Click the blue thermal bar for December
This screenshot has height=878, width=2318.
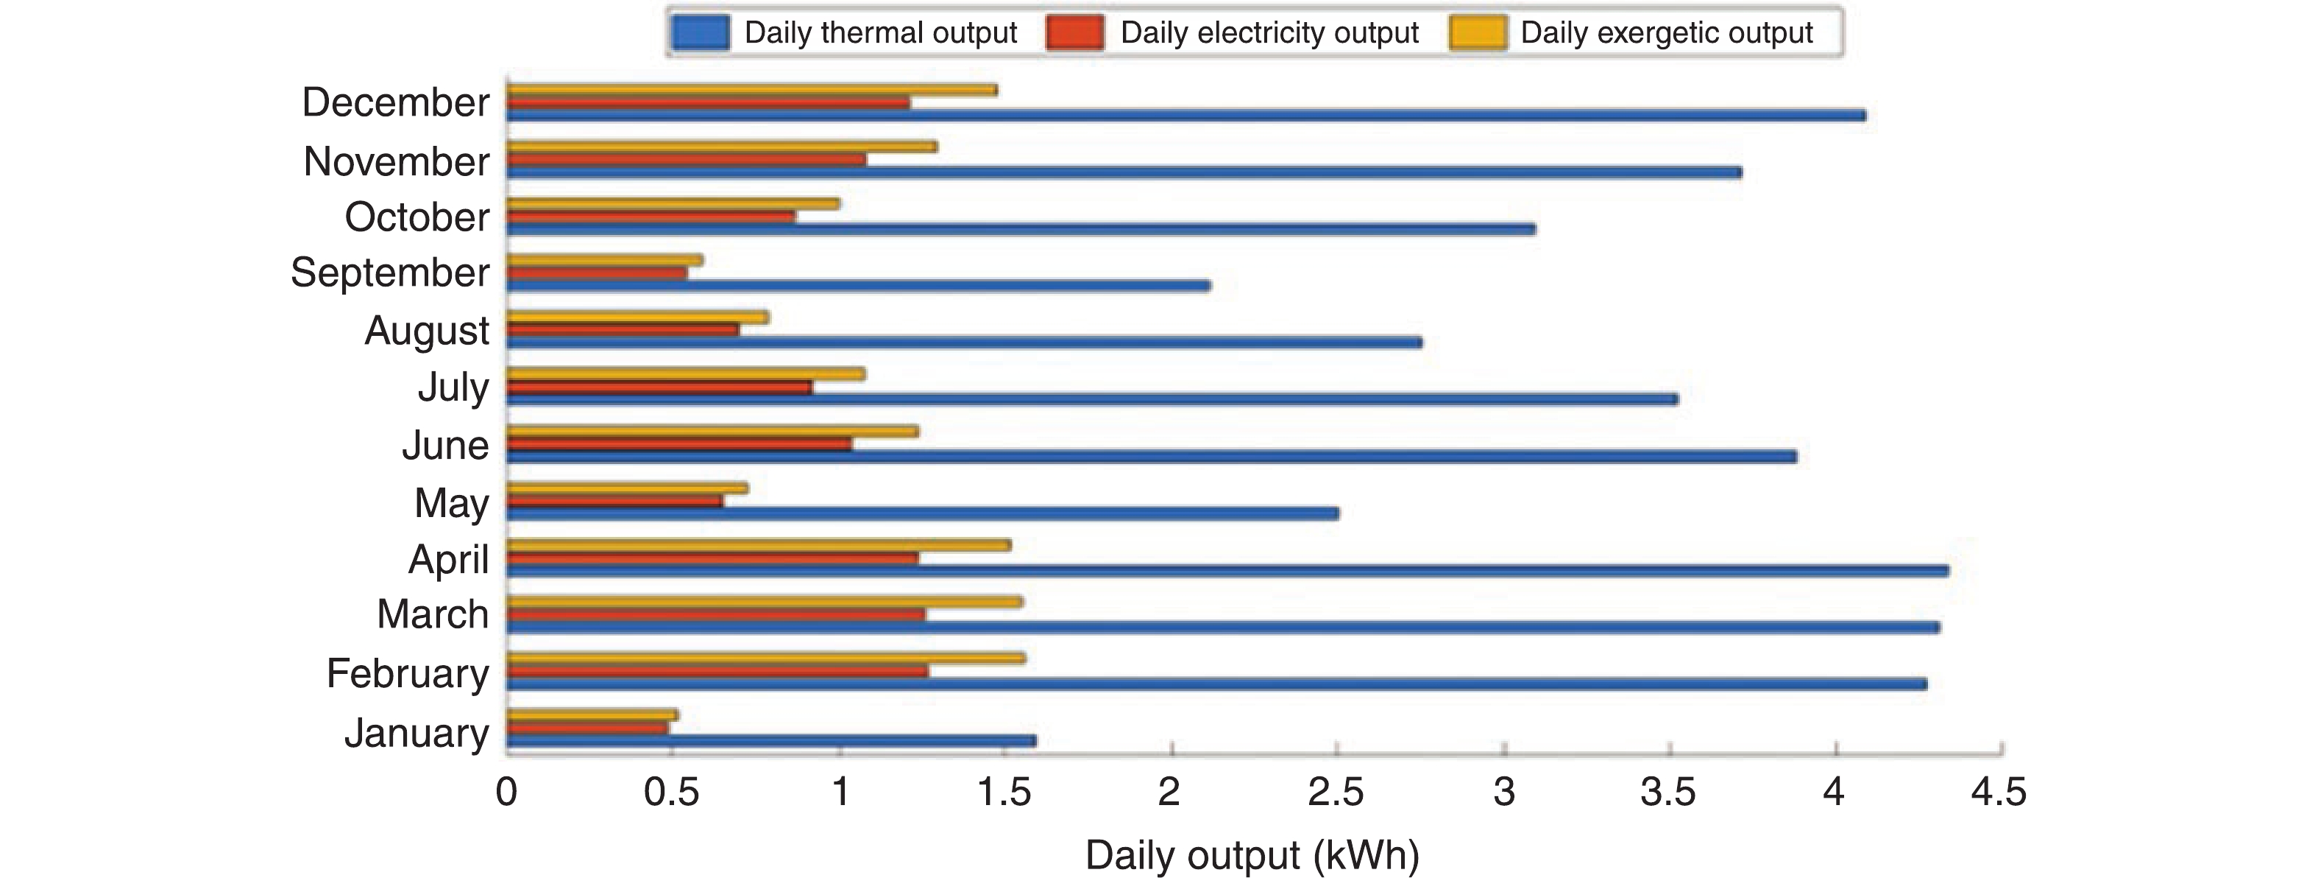[x=1186, y=115]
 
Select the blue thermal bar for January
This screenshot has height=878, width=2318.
[x=771, y=741]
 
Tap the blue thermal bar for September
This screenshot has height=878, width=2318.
[x=859, y=287]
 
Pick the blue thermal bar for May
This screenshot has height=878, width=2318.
[x=922, y=513]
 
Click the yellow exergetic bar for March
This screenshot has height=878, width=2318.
[x=765, y=602]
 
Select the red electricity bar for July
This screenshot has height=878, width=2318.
[x=659, y=387]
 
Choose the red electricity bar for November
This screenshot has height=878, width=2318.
[x=687, y=159]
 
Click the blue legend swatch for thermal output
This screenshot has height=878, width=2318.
[x=700, y=33]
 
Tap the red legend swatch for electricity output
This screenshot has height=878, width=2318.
[x=1075, y=33]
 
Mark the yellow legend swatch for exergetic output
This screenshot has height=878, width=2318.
[x=1478, y=33]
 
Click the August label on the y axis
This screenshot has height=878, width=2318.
[x=427, y=331]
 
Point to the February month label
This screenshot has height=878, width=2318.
[x=408, y=673]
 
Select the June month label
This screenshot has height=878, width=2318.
[x=445, y=445]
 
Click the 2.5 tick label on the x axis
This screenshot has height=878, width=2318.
[x=1336, y=793]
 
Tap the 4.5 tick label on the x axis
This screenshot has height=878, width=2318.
[x=1999, y=793]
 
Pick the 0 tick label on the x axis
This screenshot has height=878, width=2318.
[x=506, y=793]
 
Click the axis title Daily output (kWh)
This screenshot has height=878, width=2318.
[x=1252, y=854]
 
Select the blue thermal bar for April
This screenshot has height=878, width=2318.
[x=1227, y=571]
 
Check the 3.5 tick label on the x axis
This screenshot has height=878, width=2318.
[x=1667, y=793]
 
